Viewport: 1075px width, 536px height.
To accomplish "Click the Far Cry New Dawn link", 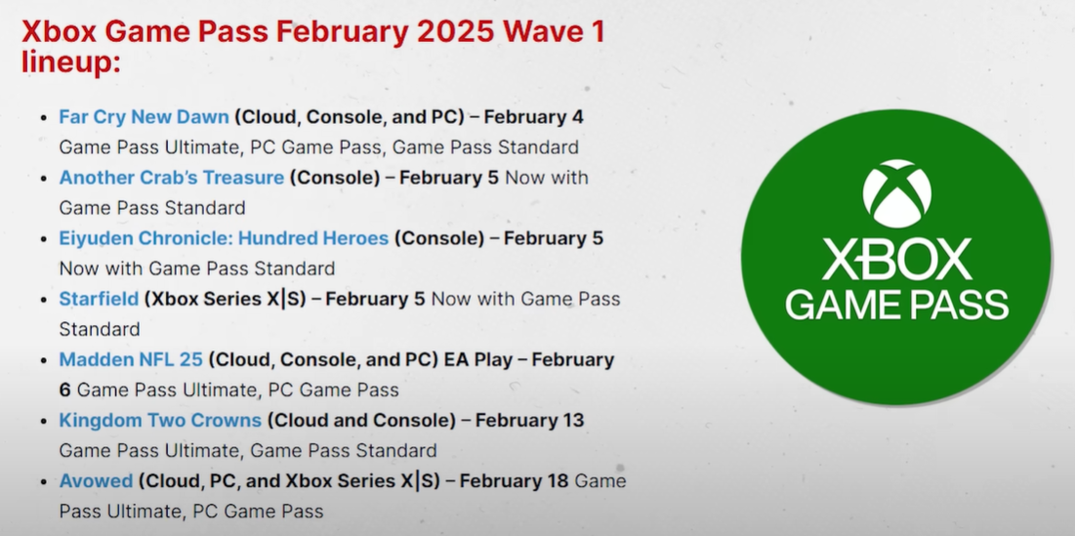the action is pos(144,117).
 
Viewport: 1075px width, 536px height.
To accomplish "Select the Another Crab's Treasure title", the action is pos(172,178).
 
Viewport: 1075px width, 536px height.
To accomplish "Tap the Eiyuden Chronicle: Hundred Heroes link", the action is pos(225,238).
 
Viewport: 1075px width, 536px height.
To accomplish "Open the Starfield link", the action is pos(99,299).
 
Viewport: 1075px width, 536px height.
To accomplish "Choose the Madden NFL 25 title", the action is pos(131,359).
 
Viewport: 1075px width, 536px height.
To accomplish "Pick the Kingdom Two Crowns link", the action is pos(160,420).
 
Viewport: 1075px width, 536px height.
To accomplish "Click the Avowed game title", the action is pos(96,480).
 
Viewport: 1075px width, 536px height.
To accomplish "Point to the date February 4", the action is pos(533,117).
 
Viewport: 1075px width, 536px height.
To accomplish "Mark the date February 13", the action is pos(529,420).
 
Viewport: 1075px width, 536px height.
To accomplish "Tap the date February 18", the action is pos(515,480).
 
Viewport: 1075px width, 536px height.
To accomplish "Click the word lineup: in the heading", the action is pos(71,62).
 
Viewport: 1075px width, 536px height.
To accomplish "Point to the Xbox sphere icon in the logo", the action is pos(896,194).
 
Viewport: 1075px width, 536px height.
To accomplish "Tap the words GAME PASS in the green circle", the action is pos(896,305).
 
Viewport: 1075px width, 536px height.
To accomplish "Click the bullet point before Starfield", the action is pos(44,300).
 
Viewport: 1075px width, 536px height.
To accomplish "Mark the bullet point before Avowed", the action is pos(44,482).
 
